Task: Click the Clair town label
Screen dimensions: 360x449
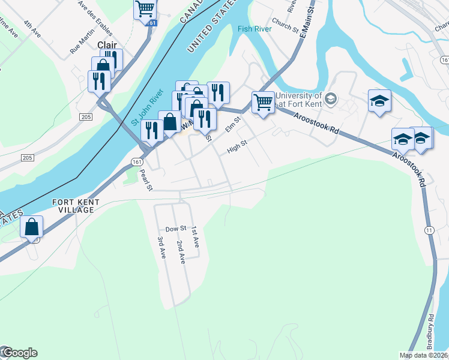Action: click(x=107, y=44)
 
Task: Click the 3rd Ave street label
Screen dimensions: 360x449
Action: click(x=161, y=247)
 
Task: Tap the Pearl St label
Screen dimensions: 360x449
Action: click(x=146, y=180)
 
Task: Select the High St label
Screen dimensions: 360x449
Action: click(x=237, y=146)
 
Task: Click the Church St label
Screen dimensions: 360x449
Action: click(x=285, y=24)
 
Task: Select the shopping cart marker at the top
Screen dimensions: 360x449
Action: click(x=145, y=9)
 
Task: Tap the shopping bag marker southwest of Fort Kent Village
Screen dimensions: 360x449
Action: click(x=31, y=227)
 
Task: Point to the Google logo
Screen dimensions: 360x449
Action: click(x=20, y=353)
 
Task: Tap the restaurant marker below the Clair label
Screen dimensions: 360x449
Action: click(x=99, y=80)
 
